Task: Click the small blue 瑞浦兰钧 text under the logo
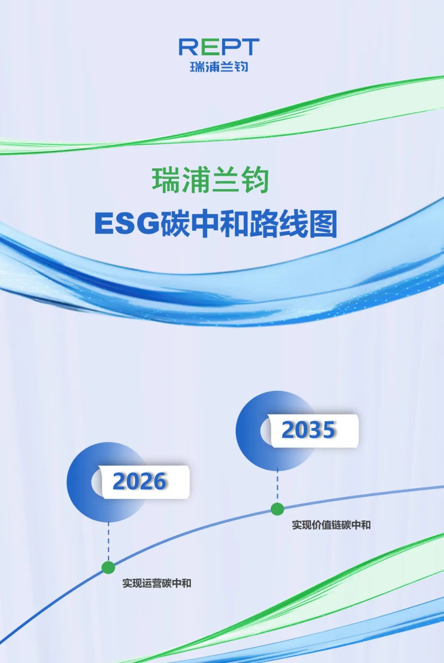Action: (x=219, y=67)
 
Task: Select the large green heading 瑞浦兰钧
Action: (x=210, y=180)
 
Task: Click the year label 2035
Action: (x=308, y=430)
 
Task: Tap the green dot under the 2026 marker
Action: (x=108, y=568)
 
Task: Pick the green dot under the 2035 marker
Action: (x=277, y=509)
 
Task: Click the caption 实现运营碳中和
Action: (x=157, y=583)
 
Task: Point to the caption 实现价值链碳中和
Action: (x=331, y=525)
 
